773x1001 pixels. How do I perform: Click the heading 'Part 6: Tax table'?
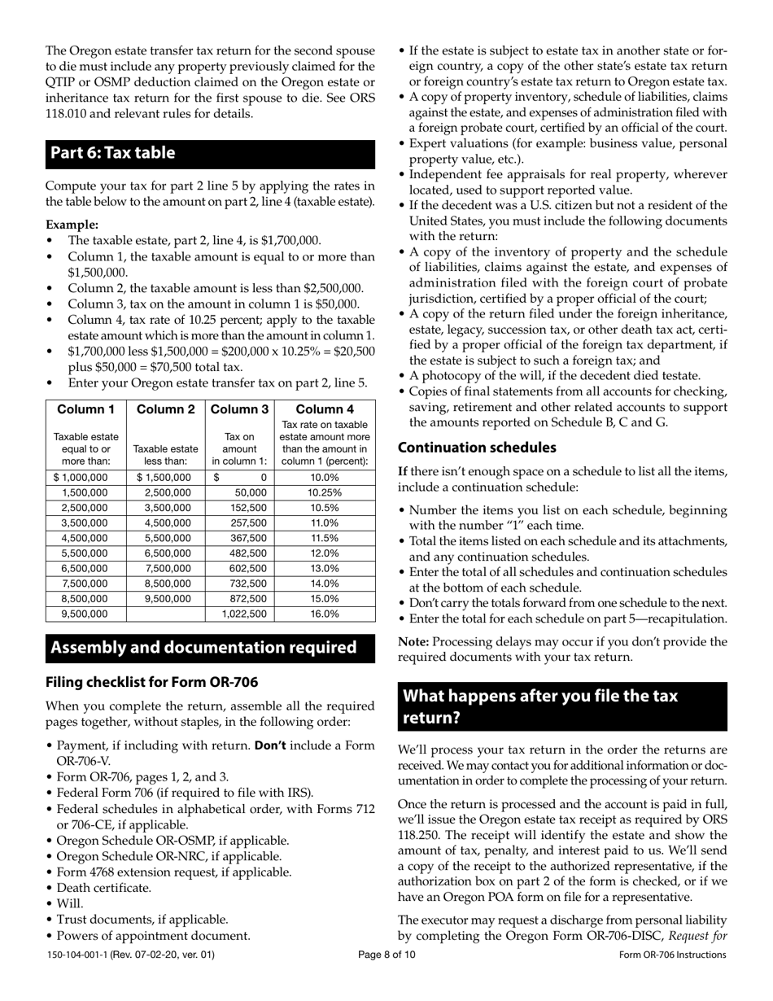point(113,153)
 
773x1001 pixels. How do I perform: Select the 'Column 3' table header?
point(240,409)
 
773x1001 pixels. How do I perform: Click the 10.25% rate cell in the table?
point(325,493)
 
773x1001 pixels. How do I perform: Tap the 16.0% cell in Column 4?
point(325,614)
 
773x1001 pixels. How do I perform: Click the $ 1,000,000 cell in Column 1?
point(80,478)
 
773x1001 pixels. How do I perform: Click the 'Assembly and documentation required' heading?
point(203,648)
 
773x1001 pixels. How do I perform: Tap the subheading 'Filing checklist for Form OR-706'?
point(151,682)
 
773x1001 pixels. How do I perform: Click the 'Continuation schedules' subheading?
point(477,448)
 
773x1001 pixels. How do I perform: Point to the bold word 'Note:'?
point(413,642)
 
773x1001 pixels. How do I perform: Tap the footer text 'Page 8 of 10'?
point(386,955)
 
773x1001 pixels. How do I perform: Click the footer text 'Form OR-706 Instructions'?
point(672,955)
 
